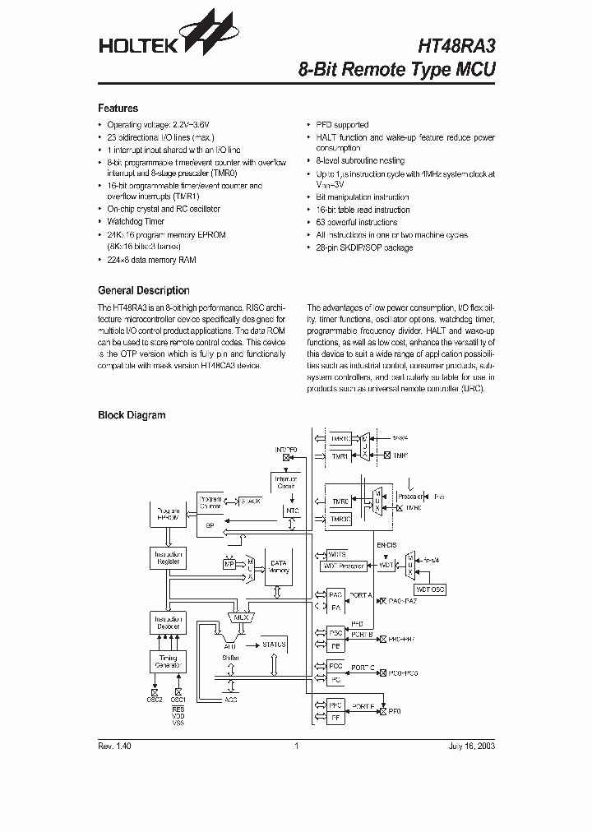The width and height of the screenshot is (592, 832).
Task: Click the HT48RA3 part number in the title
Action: pos(453,46)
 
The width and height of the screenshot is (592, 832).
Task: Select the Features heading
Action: pos(118,109)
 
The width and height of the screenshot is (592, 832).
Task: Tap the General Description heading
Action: pos(143,290)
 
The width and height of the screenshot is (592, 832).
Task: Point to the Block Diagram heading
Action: pos(132,415)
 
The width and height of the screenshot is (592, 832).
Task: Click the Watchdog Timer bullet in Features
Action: pos(136,221)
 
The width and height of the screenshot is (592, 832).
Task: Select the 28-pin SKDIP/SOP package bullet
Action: pos(364,247)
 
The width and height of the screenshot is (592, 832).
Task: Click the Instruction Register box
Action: pos(168,559)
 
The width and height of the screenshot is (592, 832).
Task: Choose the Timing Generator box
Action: pos(168,660)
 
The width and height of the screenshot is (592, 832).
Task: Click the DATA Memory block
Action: pos(280,566)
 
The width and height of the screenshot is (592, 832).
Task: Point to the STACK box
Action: pos(249,500)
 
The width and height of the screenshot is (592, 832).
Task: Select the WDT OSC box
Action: pos(429,589)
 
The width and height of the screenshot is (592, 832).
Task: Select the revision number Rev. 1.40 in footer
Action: pos(114,746)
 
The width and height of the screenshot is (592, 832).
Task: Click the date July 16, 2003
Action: pos(471,746)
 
